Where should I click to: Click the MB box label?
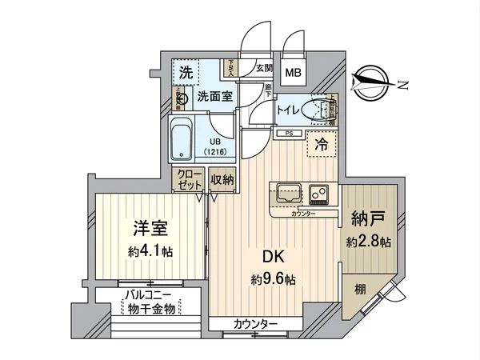294,73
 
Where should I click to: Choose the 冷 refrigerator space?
320,146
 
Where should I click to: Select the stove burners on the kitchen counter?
320,194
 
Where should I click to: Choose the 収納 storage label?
222,180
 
